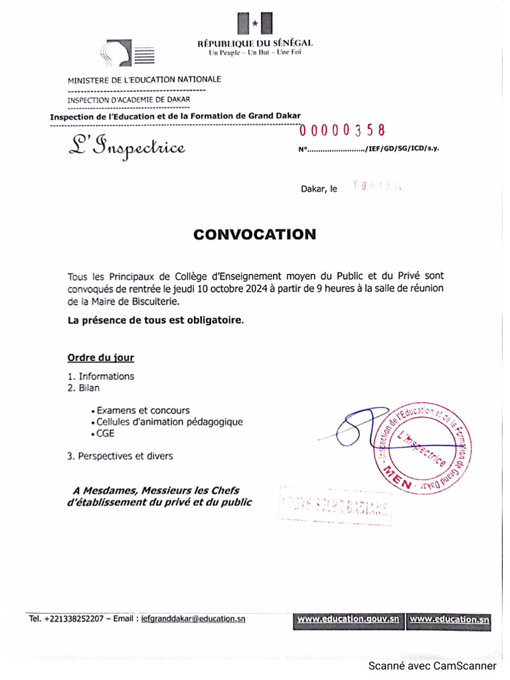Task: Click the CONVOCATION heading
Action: [x=255, y=234]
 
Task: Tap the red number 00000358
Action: [x=342, y=131]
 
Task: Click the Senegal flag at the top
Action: [x=255, y=24]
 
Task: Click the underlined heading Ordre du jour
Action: [x=101, y=358]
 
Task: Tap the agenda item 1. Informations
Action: [x=101, y=377]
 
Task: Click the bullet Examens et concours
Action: [x=143, y=410]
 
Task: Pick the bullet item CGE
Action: [x=105, y=434]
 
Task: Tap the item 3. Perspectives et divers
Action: [x=120, y=456]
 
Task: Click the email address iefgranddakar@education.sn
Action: [x=193, y=618]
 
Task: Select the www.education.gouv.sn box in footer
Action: [x=348, y=620]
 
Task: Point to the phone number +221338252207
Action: [x=74, y=618]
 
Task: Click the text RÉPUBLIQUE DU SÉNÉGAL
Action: [x=255, y=43]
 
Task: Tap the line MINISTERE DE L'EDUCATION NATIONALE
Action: [x=145, y=80]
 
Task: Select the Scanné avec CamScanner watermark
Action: [x=432, y=665]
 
